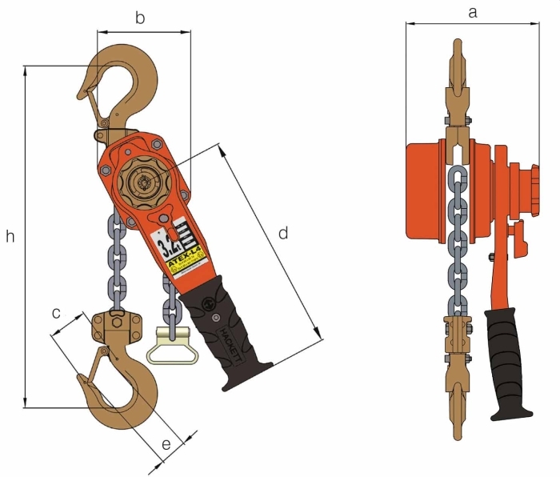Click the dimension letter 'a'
[x=472, y=11]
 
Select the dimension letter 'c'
[x=57, y=313]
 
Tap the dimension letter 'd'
[x=282, y=233]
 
